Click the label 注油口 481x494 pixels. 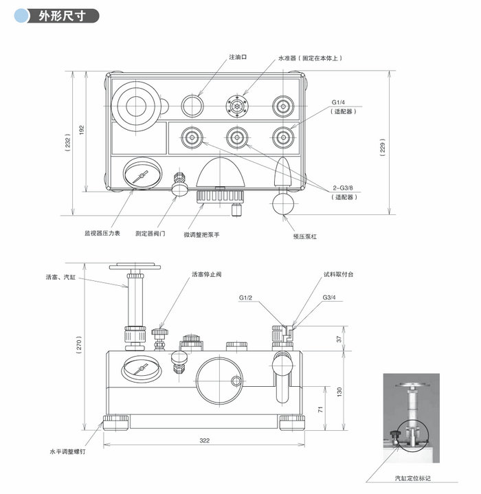[238, 59]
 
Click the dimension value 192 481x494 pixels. [81, 129]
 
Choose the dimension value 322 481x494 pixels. [204, 440]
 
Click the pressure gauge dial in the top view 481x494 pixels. [142, 175]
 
